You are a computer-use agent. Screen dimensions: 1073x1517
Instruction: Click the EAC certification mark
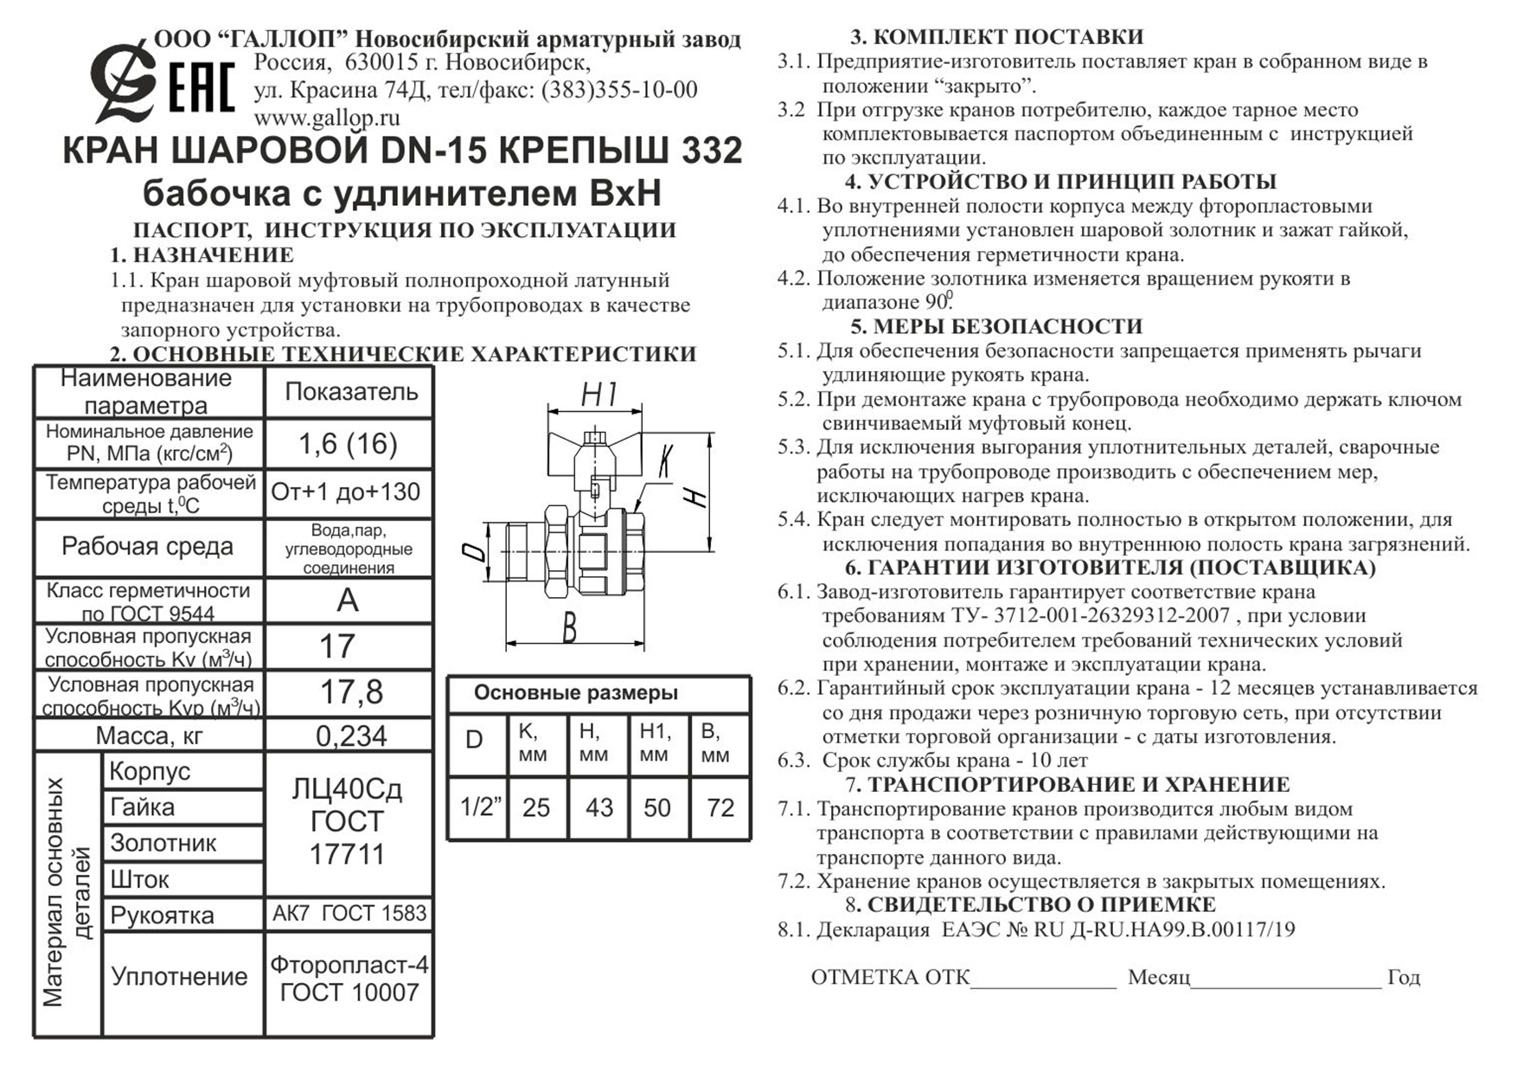pos(201,87)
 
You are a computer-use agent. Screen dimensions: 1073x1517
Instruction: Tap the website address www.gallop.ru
pos(326,118)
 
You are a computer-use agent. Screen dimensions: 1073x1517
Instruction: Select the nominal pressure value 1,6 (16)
pos(348,444)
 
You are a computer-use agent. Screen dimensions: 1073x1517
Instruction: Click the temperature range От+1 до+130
pos(346,492)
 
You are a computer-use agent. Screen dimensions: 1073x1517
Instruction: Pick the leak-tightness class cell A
pos(347,600)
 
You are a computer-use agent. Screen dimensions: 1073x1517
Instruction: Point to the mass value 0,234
pos(350,736)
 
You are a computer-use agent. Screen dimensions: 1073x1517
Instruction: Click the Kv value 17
pos(337,646)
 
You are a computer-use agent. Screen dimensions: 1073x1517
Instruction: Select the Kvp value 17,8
pos(350,692)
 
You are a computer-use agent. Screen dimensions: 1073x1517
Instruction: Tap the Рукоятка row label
pos(162,916)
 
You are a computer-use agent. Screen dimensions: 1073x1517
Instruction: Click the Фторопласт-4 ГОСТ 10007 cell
pos(349,979)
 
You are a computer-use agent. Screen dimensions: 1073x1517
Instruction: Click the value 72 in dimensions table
pos(720,807)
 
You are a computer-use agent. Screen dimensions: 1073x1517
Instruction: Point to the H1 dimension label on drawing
pos(598,395)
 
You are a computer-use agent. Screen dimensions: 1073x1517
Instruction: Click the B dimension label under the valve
pos(569,629)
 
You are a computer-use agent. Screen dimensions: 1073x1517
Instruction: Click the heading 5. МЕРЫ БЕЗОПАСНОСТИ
pos(996,327)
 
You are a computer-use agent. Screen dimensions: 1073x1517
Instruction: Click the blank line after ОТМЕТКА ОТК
pos(1044,979)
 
